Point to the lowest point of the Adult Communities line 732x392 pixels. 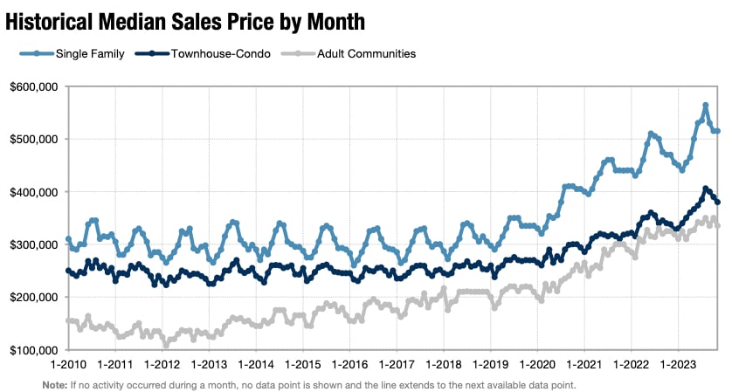(166, 345)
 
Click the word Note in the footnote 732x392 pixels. (52, 384)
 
